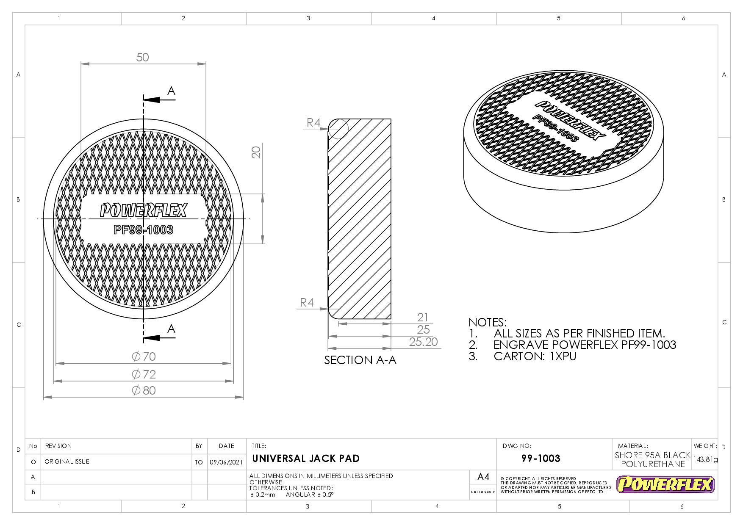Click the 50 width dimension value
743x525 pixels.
click(x=143, y=57)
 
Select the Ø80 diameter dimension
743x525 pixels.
click(x=144, y=390)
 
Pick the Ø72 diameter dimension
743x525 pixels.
click(x=144, y=374)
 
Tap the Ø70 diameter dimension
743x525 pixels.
click(x=144, y=356)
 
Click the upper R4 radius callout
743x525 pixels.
click(x=313, y=123)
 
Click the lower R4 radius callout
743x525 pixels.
click(x=307, y=302)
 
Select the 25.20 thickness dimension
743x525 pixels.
click(x=423, y=342)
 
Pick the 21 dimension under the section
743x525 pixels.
click(x=423, y=317)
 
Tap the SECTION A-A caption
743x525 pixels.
click(x=360, y=360)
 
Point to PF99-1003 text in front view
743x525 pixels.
click(x=143, y=230)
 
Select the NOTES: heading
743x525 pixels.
click(x=487, y=322)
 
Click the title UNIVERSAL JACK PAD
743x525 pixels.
click(x=306, y=459)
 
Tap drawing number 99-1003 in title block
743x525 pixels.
click(x=541, y=459)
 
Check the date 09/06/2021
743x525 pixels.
click(x=226, y=462)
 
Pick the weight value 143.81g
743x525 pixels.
click(x=705, y=459)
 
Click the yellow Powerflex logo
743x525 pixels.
click(x=665, y=485)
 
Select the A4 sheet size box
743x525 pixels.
click(x=483, y=477)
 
